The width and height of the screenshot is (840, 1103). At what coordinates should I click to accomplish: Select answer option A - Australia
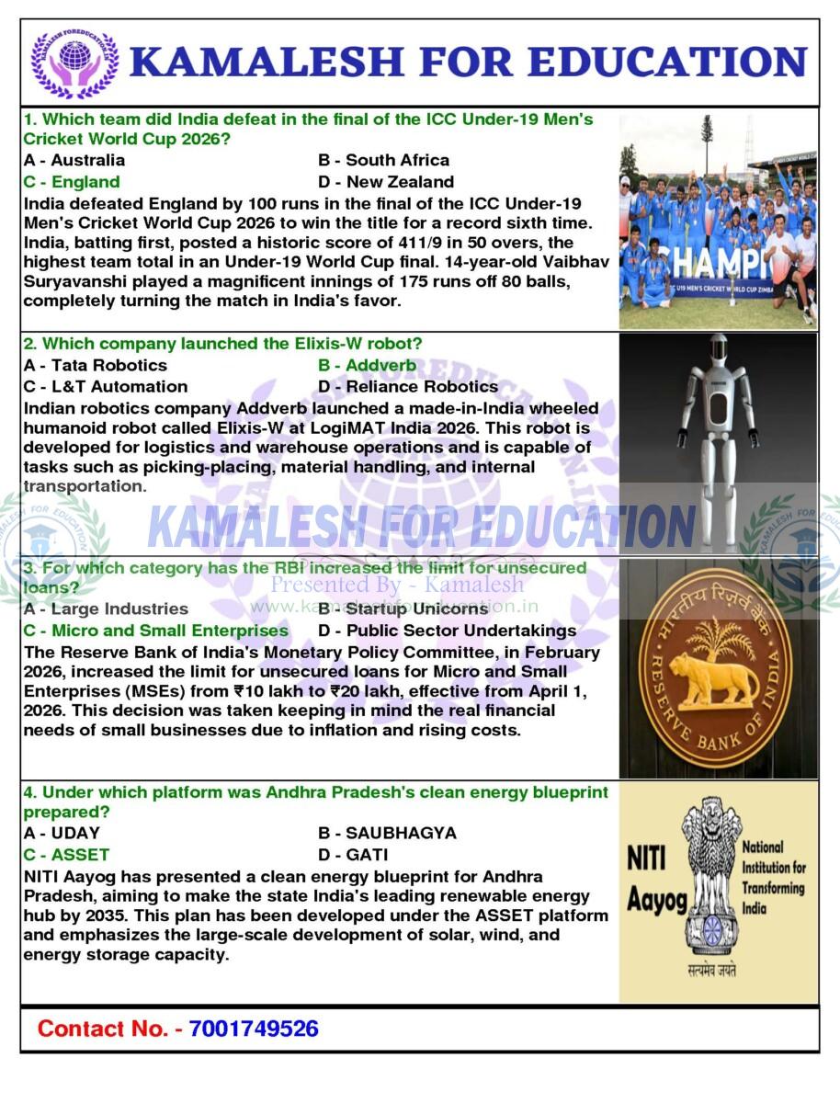click(x=74, y=160)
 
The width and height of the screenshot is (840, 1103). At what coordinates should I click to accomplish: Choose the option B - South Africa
click(x=383, y=160)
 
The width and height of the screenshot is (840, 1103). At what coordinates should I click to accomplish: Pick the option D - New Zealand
click(x=386, y=182)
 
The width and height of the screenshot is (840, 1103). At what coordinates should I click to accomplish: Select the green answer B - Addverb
click(x=367, y=366)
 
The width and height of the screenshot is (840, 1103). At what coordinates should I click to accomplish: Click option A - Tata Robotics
click(x=96, y=366)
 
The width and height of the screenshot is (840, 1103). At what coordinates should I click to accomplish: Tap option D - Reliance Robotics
click(x=408, y=387)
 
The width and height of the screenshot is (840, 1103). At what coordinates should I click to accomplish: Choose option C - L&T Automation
click(x=105, y=387)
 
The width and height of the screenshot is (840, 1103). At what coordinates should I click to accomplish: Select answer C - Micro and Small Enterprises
click(x=155, y=631)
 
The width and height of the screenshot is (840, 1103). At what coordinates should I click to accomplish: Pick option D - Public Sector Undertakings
click(x=447, y=631)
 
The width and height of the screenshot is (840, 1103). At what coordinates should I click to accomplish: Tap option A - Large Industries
click(x=106, y=609)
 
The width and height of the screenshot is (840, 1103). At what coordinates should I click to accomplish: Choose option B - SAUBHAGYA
click(x=387, y=834)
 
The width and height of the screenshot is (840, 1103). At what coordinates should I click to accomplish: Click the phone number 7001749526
click(x=254, y=1029)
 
